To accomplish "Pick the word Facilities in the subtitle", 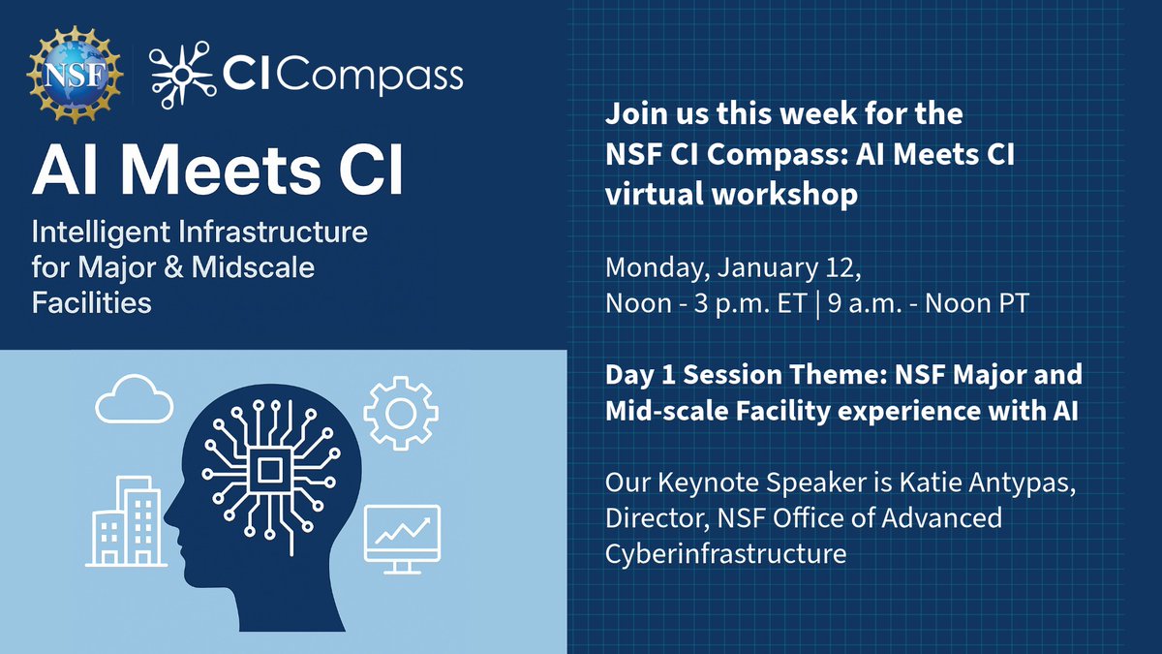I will coord(92,301).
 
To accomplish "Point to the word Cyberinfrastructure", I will coord(725,553).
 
